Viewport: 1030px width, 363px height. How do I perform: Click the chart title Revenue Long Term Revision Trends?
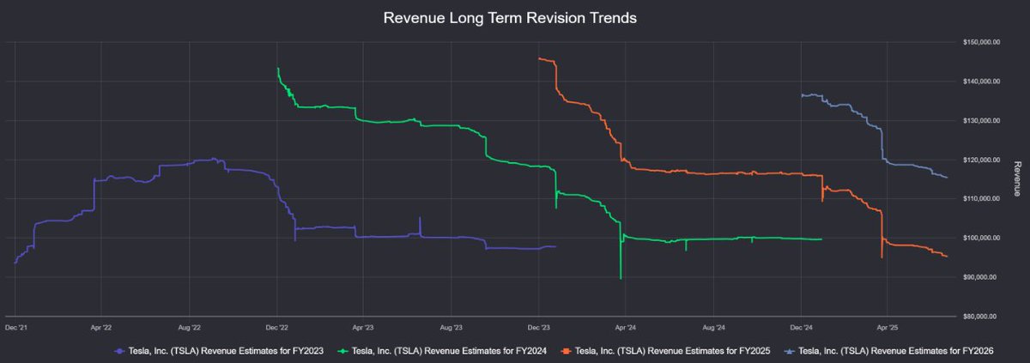(x=514, y=18)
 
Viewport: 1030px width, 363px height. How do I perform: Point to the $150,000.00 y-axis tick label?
(x=980, y=42)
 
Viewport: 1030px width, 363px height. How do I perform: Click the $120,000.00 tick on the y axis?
(x=980, y=160)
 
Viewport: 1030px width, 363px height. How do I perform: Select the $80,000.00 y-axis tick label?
(x=980, y=316)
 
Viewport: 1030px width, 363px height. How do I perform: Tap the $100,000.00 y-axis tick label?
(x=980, y=238)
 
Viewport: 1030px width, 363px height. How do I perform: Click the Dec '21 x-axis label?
(x=15, y=327)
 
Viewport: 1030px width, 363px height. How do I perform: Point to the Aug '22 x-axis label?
(x=190, y=327)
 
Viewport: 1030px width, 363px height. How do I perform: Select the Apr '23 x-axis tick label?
(x=363, y=327)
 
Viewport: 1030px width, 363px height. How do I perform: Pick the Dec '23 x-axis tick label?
(x=538, y=327)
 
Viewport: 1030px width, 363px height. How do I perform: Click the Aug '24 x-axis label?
(x=714, y=327)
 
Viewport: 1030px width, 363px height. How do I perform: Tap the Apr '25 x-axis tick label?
(x=888, y=327)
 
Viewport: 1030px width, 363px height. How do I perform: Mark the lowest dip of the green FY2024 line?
(x=621, y=278)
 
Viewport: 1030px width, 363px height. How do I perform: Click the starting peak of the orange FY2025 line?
(x=539, y=58)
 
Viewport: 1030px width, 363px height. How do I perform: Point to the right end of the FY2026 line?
(x=947, y=178)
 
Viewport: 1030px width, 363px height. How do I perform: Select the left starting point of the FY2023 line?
(x=15, y=263)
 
